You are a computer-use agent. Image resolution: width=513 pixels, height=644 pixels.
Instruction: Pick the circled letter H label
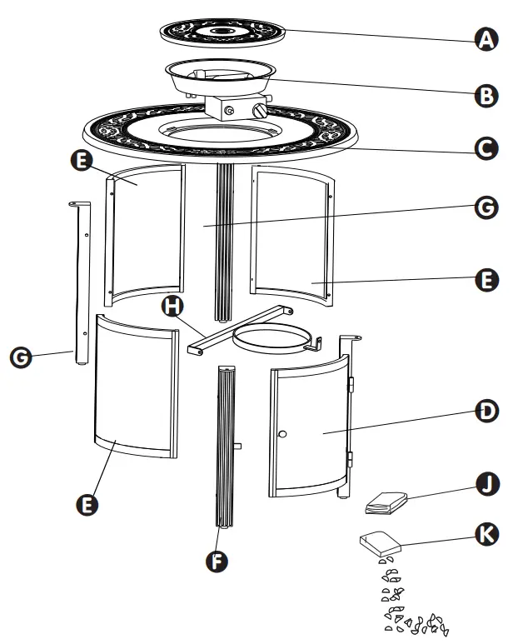(x=172, y=306)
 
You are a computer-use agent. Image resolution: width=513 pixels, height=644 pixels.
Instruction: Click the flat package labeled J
(x=386, y=502)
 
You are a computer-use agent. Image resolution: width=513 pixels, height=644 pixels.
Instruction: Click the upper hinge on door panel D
(x=351, y=385)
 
